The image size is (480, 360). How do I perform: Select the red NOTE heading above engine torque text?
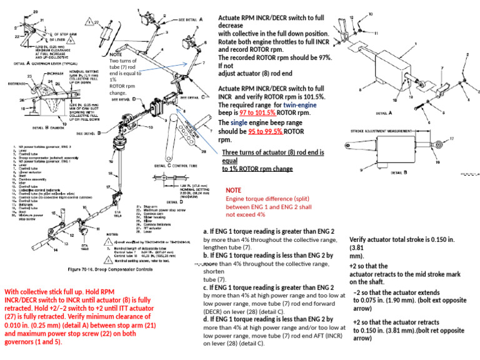click(233, 190)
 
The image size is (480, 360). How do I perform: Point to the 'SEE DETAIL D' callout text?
click(122, 99)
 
